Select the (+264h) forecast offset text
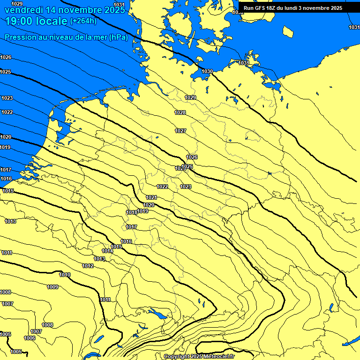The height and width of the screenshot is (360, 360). click(x=83, y=21)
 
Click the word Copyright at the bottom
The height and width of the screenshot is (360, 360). click(x=176, y=357)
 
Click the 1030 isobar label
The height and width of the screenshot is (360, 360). click(x=207, y=71)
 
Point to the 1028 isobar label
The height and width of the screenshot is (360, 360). click(x=180, y=112)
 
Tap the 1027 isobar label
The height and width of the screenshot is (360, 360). click(x=180, y=131)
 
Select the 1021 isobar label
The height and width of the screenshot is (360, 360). click(x=151, y=198)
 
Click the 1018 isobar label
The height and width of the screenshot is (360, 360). click(x=132, y=212)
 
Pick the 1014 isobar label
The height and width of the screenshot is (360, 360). click(x=107, y=251)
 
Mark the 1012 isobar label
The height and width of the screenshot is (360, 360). click(x=88, y=266)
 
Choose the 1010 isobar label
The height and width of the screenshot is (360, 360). click(x=65, y=275)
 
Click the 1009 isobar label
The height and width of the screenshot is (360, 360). click(x=52, y=287)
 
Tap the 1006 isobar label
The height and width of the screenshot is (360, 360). click(x=30, y=338)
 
